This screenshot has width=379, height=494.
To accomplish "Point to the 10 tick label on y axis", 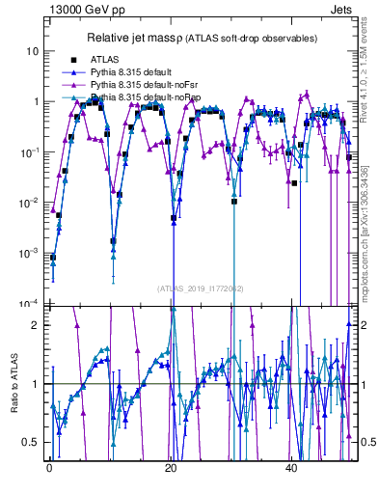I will (33, 50).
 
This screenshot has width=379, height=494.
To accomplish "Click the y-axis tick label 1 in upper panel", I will (36, 101).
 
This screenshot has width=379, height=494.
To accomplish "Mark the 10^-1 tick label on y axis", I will (30, 151).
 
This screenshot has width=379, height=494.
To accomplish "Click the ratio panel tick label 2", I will (36, 325).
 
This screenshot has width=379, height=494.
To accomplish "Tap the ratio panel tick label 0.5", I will (32, 442).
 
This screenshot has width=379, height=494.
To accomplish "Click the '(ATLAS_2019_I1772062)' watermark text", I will (202, 288).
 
